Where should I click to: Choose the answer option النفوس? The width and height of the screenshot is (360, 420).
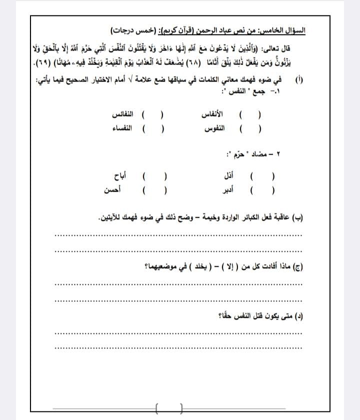click(214, 129)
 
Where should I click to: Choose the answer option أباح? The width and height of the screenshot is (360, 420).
click(122, 177)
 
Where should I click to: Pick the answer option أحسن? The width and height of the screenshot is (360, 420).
click(114, 190)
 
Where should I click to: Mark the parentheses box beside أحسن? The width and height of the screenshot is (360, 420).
click(155, 190)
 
